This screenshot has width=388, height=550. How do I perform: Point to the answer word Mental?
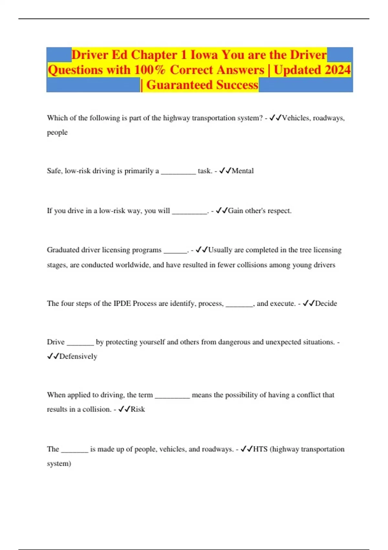pyautogui.click(x=242, y=171)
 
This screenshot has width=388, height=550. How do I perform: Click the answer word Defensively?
pyautogui.click(x=78, y=357)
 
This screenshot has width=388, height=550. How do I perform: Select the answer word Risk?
pyautogui.click(x=138, y=409)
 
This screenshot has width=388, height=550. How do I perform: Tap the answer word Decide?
pyautogui.click(x=326, y=303)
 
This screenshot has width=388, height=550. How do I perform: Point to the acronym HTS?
pyautogui.click(x=260, y=449)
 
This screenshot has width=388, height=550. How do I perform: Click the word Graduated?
pyautogui.click(x=63, y=250)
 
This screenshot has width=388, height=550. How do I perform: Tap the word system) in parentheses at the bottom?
pyautogui.click(x=59, y=464)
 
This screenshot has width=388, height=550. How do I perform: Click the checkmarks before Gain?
pyautogui.click(x=222, y=211)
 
